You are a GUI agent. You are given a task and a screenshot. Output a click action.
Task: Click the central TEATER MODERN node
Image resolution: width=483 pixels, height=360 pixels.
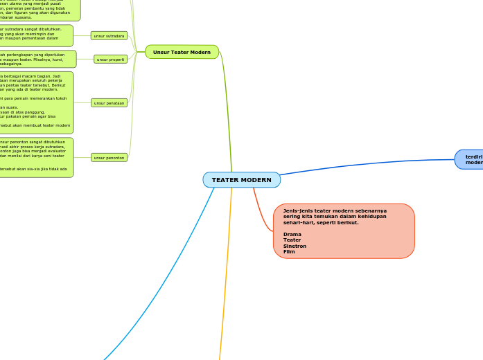tap(241, 180)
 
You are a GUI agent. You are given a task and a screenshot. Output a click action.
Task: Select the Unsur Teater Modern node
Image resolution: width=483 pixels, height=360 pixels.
tap(182, 52)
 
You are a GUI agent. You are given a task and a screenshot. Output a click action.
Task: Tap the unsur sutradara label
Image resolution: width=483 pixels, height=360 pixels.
tap(108, 35)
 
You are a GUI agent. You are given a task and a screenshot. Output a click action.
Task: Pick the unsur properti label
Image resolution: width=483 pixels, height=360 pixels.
tap(110, 60)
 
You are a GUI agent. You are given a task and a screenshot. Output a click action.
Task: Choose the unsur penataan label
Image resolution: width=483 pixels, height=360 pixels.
tap(109, 103)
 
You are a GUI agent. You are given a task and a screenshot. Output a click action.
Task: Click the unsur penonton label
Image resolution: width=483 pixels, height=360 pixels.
tap(109, 158)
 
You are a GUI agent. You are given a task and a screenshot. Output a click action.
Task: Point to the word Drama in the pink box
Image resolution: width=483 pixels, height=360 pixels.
tap(292, 234)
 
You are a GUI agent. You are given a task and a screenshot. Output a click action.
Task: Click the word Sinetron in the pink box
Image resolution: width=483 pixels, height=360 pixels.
tap(295, 246)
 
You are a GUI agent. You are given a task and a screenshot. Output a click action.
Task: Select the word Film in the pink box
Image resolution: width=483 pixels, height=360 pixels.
tap(289, 251)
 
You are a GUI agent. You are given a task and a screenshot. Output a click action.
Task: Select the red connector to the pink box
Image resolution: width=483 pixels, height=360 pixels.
tap(261, 215)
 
